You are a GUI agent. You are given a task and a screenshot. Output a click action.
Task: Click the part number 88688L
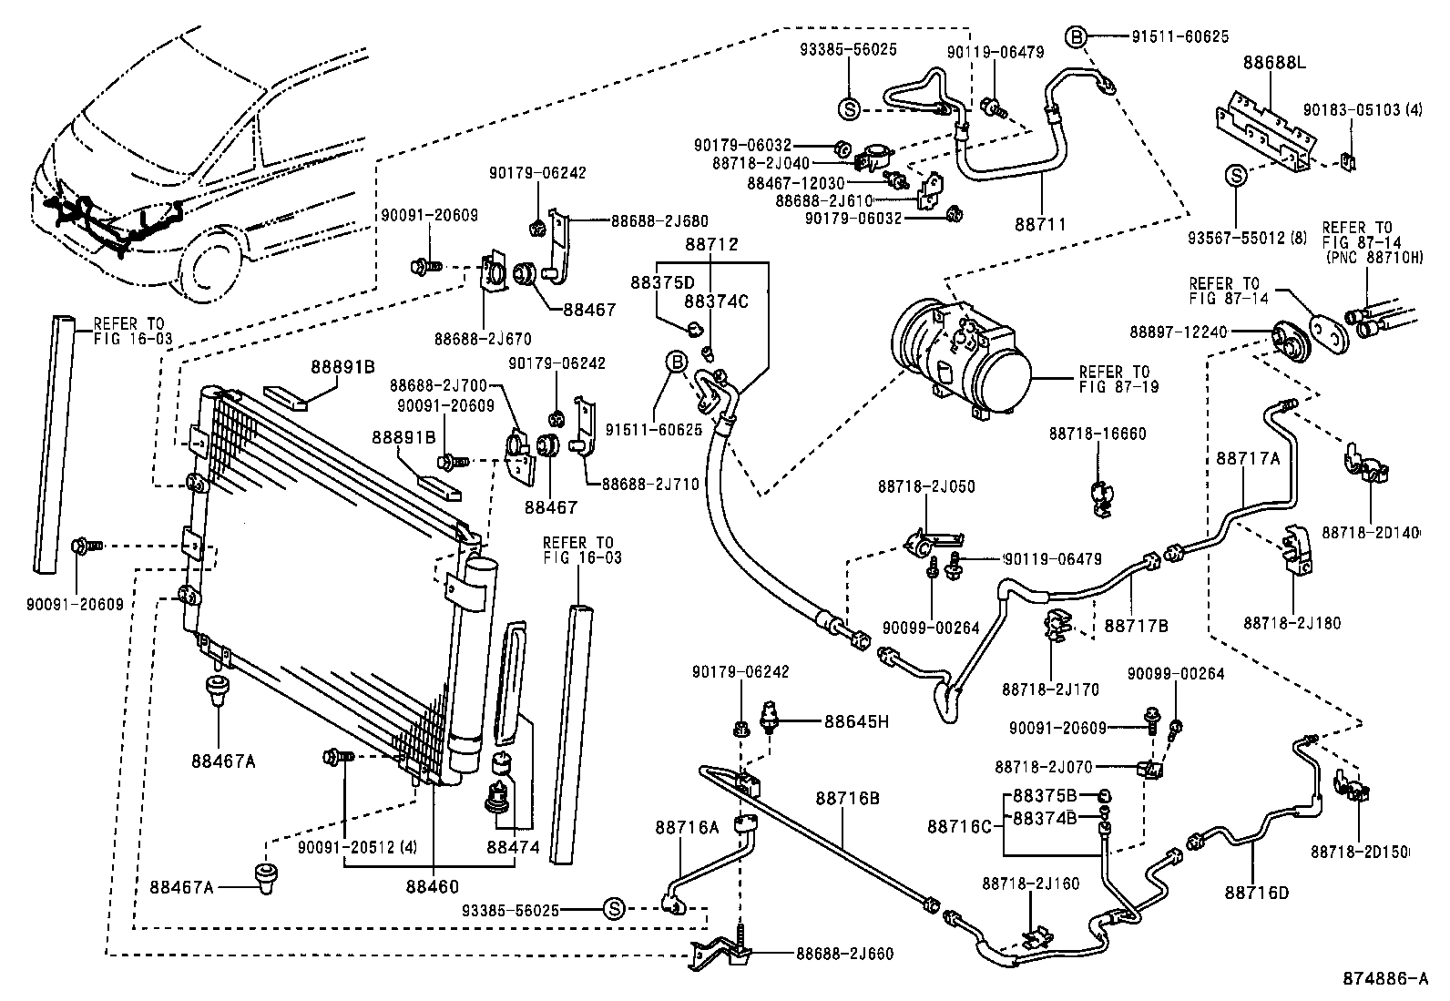pos(1273,63)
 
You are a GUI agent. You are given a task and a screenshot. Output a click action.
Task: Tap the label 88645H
pos(855,721)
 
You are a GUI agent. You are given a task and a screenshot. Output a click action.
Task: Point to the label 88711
pos(1039,223)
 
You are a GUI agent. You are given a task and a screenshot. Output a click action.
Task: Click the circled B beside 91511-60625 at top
pos(1076,37)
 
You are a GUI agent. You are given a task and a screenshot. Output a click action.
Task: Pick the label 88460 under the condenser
pos(433,885)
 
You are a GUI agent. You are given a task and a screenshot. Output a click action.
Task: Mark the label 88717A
pos(1247,459)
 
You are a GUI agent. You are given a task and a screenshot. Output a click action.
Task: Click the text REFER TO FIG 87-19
pos(1114,379)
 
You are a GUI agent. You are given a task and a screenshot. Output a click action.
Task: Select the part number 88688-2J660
pos(844,954)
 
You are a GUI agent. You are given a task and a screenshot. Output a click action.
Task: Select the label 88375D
pos(661,282)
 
